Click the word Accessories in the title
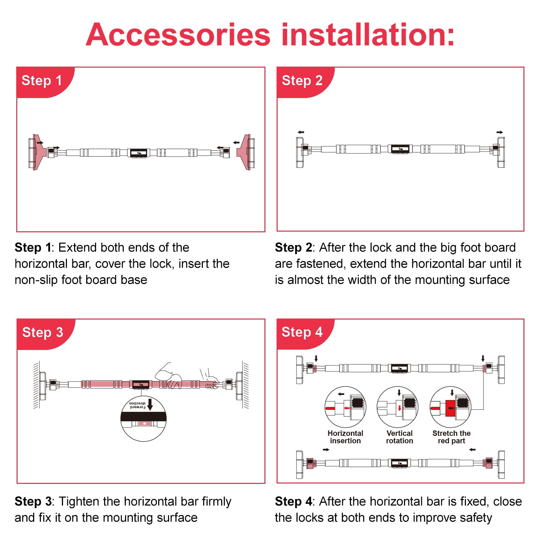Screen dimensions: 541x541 [178, 34]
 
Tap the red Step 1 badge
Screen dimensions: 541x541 [45, 83]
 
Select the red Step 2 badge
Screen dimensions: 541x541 [305, 83]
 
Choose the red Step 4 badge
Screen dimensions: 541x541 [305, 334]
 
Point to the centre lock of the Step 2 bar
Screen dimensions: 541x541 [400, 149]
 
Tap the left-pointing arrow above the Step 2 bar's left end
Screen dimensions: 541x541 [301, 132]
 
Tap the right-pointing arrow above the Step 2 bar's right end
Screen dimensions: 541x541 [500, 132]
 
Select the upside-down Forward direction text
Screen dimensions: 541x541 [138, 405]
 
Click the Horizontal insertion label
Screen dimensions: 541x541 [345, 437]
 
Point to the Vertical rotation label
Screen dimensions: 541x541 [399, 437]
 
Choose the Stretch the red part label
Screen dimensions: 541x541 [451, 437]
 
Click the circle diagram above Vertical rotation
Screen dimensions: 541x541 [397, 387]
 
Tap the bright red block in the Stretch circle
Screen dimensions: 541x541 [450, 408]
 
